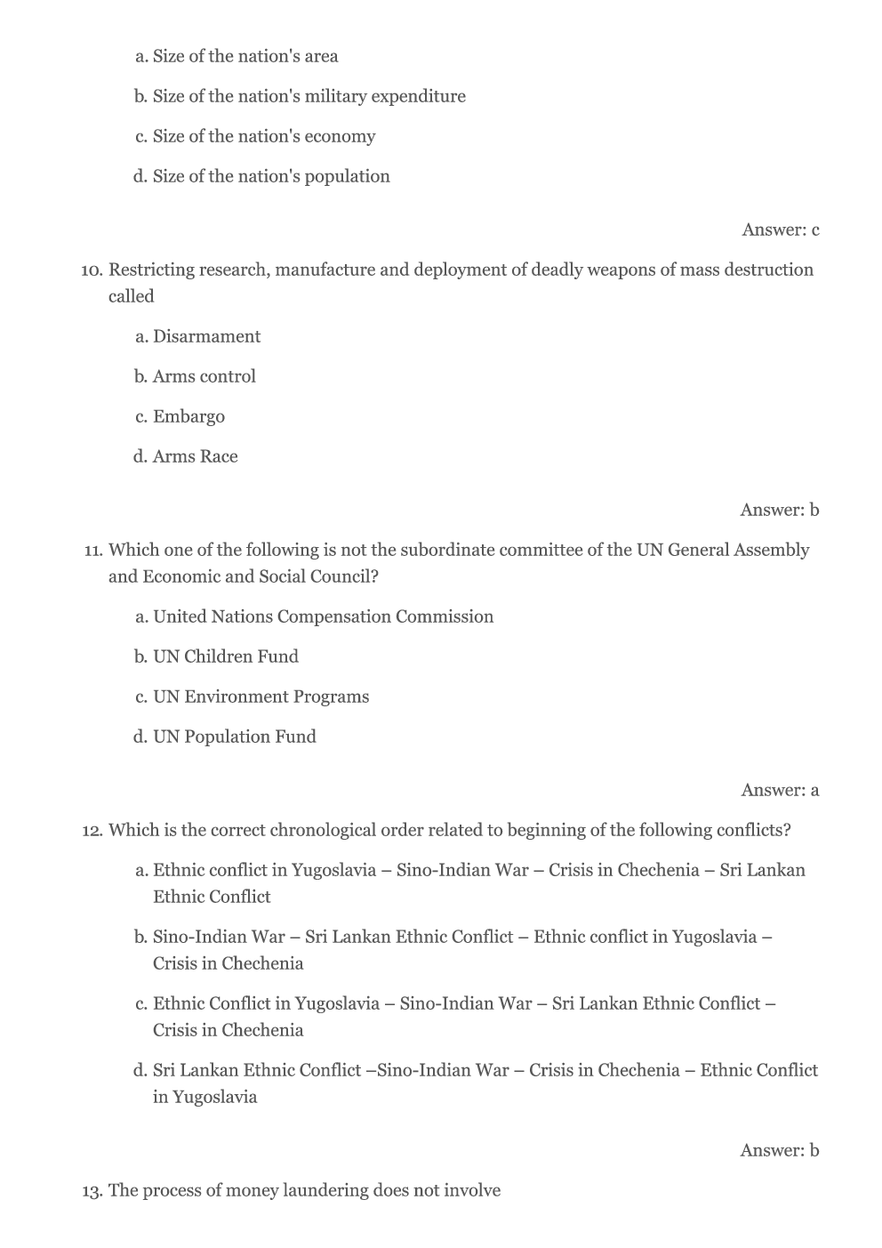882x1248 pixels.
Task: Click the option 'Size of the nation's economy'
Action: coord(263,136)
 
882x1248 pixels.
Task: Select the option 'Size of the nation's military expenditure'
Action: coord(309,96)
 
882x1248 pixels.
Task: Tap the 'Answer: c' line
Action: coord(780,229)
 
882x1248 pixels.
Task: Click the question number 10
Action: coord(92,270)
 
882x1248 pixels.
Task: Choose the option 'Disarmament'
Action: coord(206,336)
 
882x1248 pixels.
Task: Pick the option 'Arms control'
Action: coord(204,376)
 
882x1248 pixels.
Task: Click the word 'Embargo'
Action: coord(188,416)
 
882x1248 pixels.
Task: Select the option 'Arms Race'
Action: coord(195,456)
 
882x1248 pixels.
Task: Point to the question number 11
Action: coord(92,550)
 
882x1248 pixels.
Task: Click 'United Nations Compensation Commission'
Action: coord(323,616)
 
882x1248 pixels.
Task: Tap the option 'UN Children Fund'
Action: coord(225,656)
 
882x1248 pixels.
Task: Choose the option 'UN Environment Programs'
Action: coord(261,696)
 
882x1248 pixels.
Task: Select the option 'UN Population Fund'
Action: coord(234,737)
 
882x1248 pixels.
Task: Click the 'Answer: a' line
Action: coord(780,790)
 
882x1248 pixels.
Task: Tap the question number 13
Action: coord(92,1190)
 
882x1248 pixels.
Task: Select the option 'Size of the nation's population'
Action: coord(270,176)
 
